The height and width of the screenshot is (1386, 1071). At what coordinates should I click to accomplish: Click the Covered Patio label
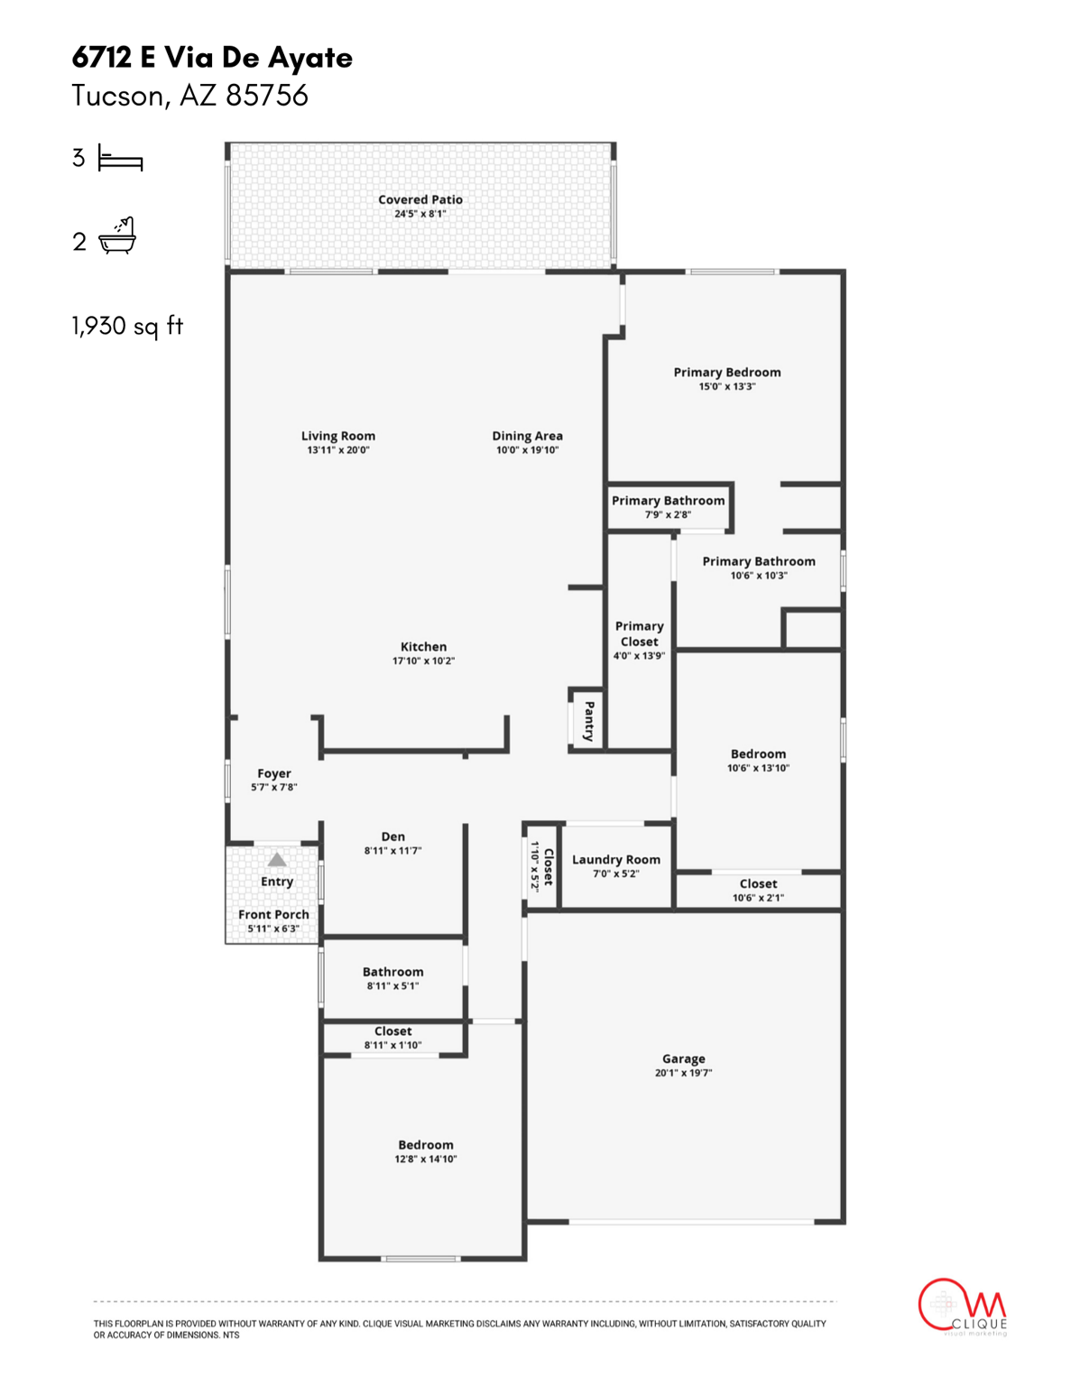(x=420, y=199)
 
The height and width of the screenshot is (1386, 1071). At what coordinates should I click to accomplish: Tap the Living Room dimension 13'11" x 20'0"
(x=337, y=449)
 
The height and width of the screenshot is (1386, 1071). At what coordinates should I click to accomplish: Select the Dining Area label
(x=527, y=436)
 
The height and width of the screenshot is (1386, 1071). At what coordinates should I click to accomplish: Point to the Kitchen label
(x=423, y=646)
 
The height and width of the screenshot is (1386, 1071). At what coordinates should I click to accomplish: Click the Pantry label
(x=589, y=720)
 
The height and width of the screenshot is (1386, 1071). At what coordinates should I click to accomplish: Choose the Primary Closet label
(x=639, y=633)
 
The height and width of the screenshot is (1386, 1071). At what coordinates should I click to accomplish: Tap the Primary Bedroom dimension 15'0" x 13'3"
(x=726, y=386)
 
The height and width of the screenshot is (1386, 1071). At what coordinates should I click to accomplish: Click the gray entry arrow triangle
(x=277, y=860)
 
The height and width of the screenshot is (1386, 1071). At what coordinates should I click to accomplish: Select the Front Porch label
(x=273, y=914)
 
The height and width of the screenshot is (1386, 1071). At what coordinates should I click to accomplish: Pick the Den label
(x=392, y=836)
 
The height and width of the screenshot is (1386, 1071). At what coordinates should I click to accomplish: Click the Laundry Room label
(x=615, y=859)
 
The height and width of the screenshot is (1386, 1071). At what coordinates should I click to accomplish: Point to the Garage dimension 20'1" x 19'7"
(x=683, y=1073)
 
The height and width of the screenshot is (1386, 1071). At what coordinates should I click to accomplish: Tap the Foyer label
(x=273, y=773)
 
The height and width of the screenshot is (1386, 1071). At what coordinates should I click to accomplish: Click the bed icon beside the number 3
(x=120, y=160)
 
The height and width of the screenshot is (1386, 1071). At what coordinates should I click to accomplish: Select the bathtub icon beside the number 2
(x=117, y=236)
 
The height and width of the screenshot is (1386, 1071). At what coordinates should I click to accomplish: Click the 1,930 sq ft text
(x=127, y=326)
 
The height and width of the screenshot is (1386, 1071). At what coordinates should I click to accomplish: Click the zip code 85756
(x=267, y=96)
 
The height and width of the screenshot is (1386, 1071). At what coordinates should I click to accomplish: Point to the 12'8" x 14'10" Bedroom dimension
(x=425, y=1159)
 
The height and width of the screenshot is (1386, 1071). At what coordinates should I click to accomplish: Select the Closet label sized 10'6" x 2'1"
(x=758, y=883)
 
